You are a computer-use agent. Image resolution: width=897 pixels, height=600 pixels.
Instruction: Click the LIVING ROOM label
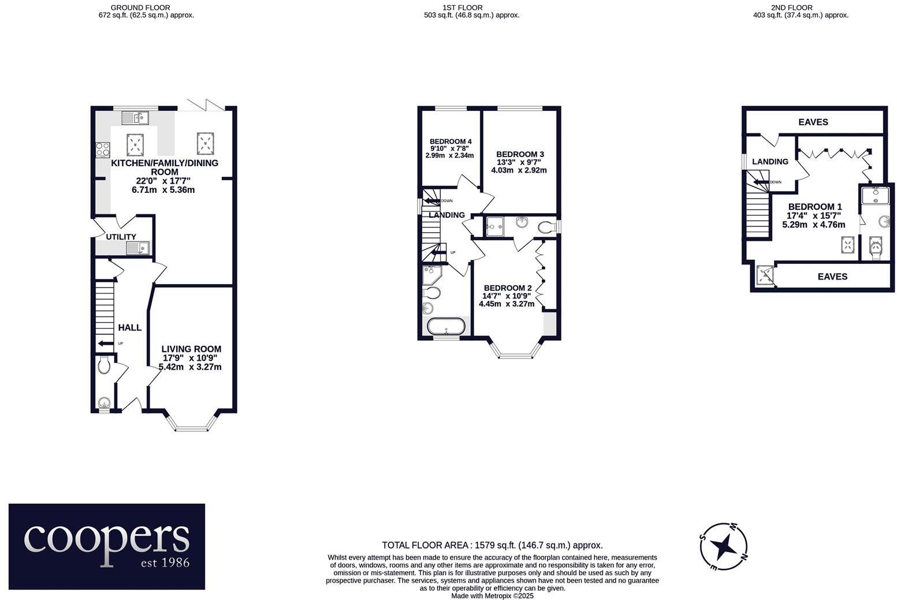(191, 349)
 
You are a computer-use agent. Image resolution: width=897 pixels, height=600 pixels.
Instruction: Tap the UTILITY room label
(121, 237)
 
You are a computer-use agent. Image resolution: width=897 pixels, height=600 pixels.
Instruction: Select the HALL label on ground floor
(129, 327)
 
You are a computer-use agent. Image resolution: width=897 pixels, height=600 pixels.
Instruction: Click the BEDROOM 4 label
(451, 141)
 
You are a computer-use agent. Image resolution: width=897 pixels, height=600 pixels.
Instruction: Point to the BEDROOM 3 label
(520, 154)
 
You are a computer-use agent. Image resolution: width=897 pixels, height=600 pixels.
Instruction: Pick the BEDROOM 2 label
(507, 288)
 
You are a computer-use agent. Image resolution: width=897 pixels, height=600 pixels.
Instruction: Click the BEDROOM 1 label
(814, 207)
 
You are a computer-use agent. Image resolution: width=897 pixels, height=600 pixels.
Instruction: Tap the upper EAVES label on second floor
(813, 122)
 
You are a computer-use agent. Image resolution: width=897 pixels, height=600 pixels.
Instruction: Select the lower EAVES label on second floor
(832, 277)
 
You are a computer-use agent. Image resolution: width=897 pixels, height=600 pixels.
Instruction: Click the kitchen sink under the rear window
(135, 118)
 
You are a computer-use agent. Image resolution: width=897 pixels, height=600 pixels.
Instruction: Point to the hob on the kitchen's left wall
(103, 150)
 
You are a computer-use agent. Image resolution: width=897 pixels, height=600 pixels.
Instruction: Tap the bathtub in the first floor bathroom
(445, 326)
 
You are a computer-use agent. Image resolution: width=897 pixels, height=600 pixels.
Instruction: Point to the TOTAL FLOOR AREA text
(492, 545)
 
